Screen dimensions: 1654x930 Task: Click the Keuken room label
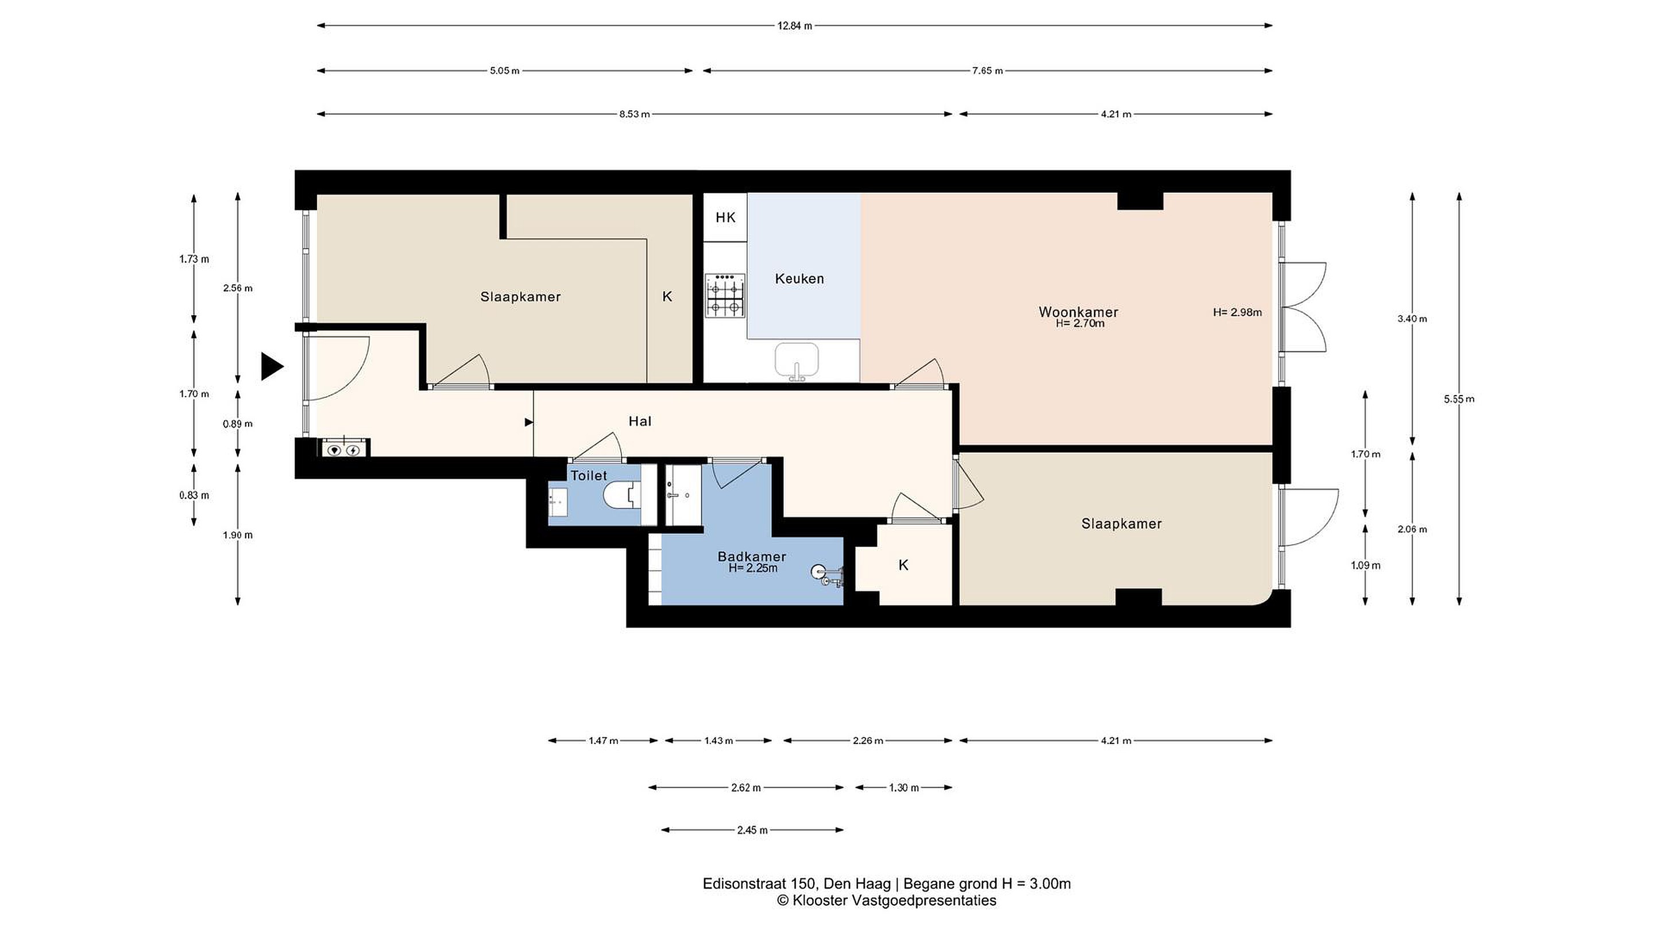(799, 278)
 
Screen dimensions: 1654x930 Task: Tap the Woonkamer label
(1078, 312)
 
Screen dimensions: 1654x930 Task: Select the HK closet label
(725, 218)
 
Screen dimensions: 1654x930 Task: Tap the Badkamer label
(752, 556)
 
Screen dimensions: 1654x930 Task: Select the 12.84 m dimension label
(795, 26)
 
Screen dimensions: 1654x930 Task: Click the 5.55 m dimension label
(1459, 399)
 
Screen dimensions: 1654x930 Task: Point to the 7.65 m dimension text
(988, 71)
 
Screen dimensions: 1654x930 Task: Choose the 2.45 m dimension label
(752, 831)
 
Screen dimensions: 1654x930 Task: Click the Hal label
(640, 421)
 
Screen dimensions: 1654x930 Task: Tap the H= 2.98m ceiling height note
(1237, 312)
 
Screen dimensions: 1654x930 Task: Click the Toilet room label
(589, 475)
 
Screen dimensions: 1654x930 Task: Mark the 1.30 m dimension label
(904, 788)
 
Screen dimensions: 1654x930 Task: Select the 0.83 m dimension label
(194, 495)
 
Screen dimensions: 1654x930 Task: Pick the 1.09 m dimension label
(1366, 565)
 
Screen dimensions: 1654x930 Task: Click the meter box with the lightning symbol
(353, 451)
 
